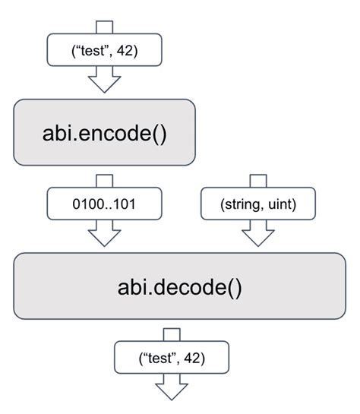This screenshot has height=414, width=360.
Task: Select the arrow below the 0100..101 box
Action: (x=105, y=234)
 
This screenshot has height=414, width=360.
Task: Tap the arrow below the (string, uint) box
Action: (x=259, y=234)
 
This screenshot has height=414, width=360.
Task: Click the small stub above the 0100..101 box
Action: (x=104, y=181)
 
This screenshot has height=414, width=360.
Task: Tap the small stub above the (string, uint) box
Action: (x=259, y=181)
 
